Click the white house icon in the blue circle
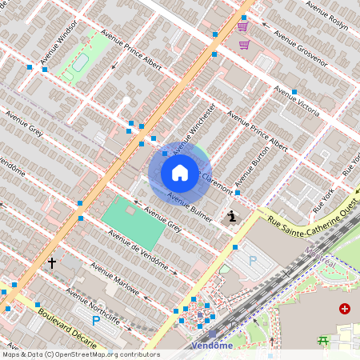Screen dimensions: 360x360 (x=180, y=172)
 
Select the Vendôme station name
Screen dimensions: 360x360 (x=213, y=346)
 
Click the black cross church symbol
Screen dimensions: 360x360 (x=52, y=262)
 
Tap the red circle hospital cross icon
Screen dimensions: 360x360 (x=344, y=308)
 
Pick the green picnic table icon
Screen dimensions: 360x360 (x=323, y=340)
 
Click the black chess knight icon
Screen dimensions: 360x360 (x=232, y=215)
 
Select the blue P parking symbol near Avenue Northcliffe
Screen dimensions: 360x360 (x=96, y=321)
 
